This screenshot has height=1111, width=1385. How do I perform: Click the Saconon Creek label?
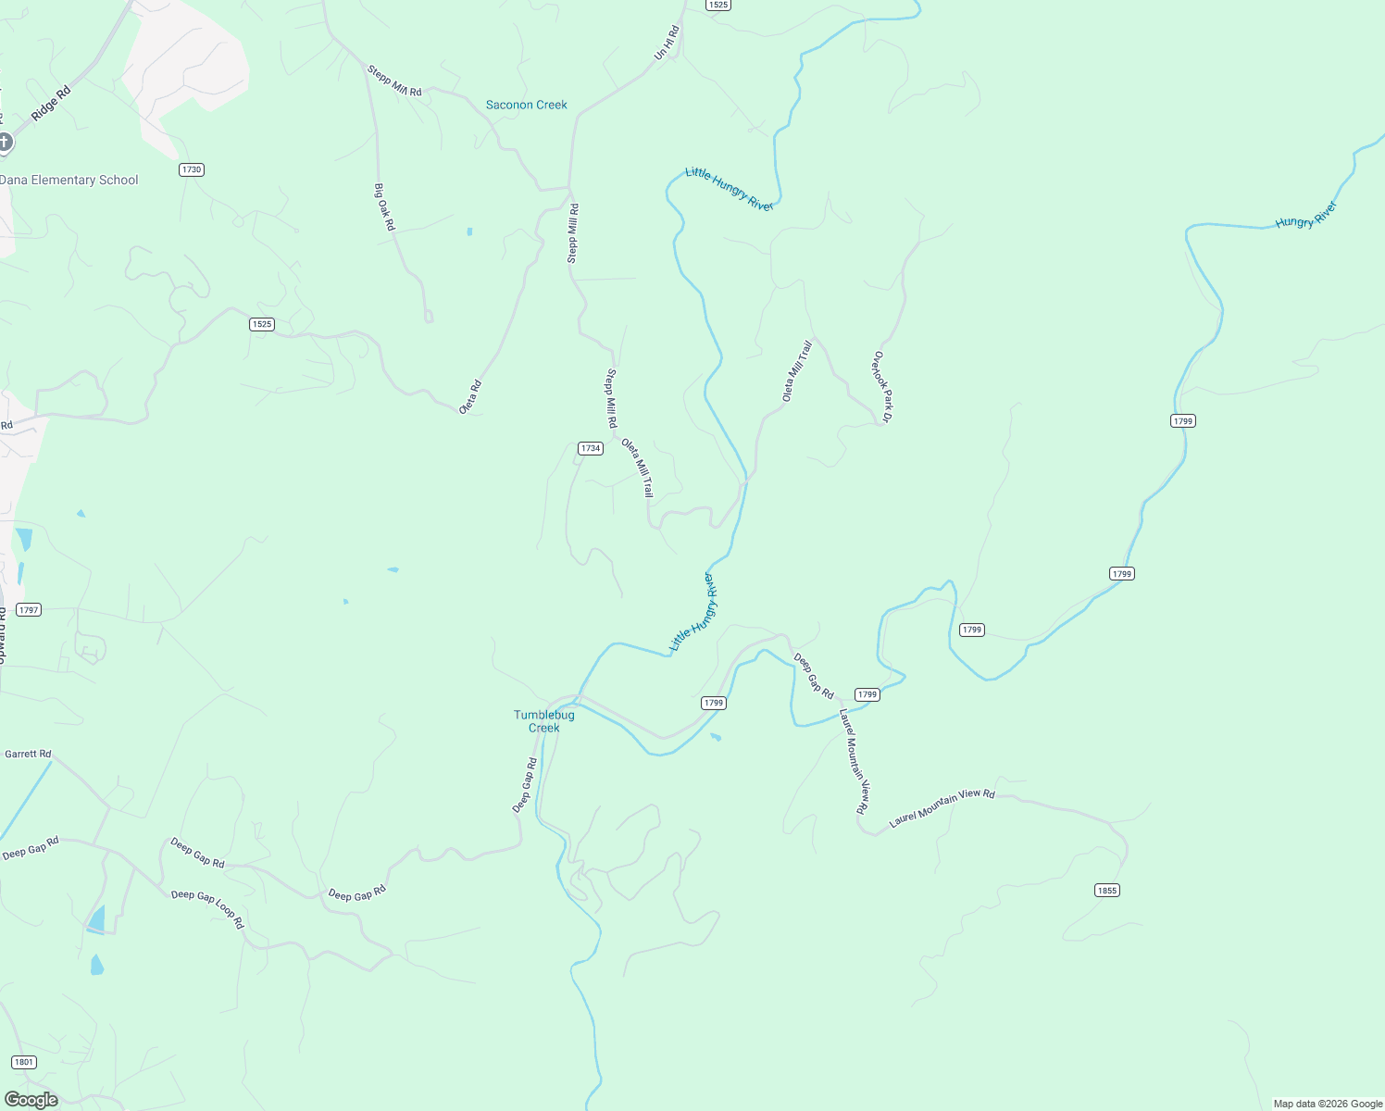point(526,105)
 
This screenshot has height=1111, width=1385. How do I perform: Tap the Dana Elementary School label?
point(69,181)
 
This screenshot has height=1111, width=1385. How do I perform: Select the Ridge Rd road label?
point(50,104)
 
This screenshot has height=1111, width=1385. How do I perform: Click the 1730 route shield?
point(191,169)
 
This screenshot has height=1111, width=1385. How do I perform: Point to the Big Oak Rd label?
point(384,206)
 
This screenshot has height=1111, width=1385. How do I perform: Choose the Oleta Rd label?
point(471,396)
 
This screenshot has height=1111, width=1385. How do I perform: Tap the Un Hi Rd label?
point(667,44)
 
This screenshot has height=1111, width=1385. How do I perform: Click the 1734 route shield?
point(590,448)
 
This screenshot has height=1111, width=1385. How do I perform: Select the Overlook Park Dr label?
point(881,387)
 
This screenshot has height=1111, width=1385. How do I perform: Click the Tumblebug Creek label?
point(544,721)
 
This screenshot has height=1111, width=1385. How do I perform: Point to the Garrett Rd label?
point(28,754)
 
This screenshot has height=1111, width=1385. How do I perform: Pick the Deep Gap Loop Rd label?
point(207,908)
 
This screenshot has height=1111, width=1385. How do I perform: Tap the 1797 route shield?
point(29,609)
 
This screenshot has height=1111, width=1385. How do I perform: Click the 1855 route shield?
point(1106,890)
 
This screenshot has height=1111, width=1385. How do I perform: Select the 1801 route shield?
point(24,1062)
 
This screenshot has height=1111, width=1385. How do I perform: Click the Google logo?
point(31,1100)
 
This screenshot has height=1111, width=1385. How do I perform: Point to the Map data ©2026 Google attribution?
point(1327,1104)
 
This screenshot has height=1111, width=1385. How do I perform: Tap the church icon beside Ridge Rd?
point(5,142)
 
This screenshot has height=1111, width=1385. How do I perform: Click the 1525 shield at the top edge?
point(717,5)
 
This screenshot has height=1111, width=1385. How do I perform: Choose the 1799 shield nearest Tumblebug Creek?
point(713,703)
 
